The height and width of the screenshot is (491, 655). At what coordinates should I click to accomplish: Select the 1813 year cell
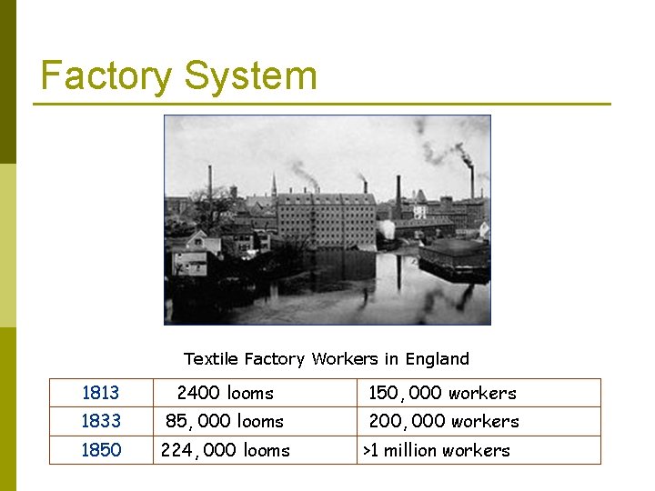(x=101, y=393)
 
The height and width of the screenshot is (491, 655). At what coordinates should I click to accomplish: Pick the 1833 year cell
(x=101, y=421)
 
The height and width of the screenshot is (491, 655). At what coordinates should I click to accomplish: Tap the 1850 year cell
(x=101, y=450)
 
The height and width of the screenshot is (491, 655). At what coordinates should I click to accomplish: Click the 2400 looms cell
(x=225, y=393)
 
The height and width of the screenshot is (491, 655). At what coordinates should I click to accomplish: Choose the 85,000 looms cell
(x=225, y=421)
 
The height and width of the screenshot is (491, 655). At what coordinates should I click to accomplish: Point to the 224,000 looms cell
(x=225, y=450)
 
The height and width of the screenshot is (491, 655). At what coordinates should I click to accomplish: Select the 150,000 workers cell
(x=442, y=393)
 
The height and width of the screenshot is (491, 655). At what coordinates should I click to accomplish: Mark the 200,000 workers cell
(x=444, y=421)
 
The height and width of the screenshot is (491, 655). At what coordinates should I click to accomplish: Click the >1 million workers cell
(x=437, y=450)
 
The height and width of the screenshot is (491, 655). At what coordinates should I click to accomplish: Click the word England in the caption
(x=438, y=359)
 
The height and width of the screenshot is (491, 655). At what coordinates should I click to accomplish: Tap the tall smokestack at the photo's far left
(x=210, y=186)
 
